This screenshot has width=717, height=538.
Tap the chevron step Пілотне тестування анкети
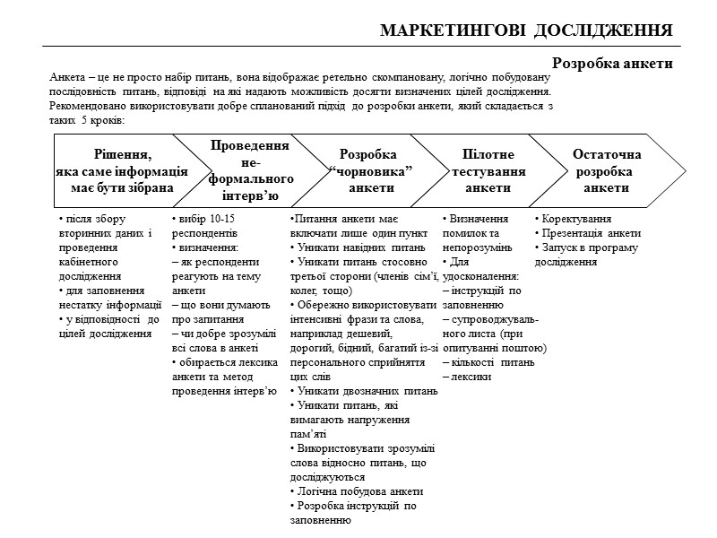[x=488, y=171]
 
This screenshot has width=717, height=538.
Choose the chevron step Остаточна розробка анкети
[x=607, y=171]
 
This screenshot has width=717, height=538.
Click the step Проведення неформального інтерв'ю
[x=249, y=170]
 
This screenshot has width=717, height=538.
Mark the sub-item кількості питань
[x=492, y=362]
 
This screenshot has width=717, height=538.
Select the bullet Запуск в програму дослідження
[x=587, y=254]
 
